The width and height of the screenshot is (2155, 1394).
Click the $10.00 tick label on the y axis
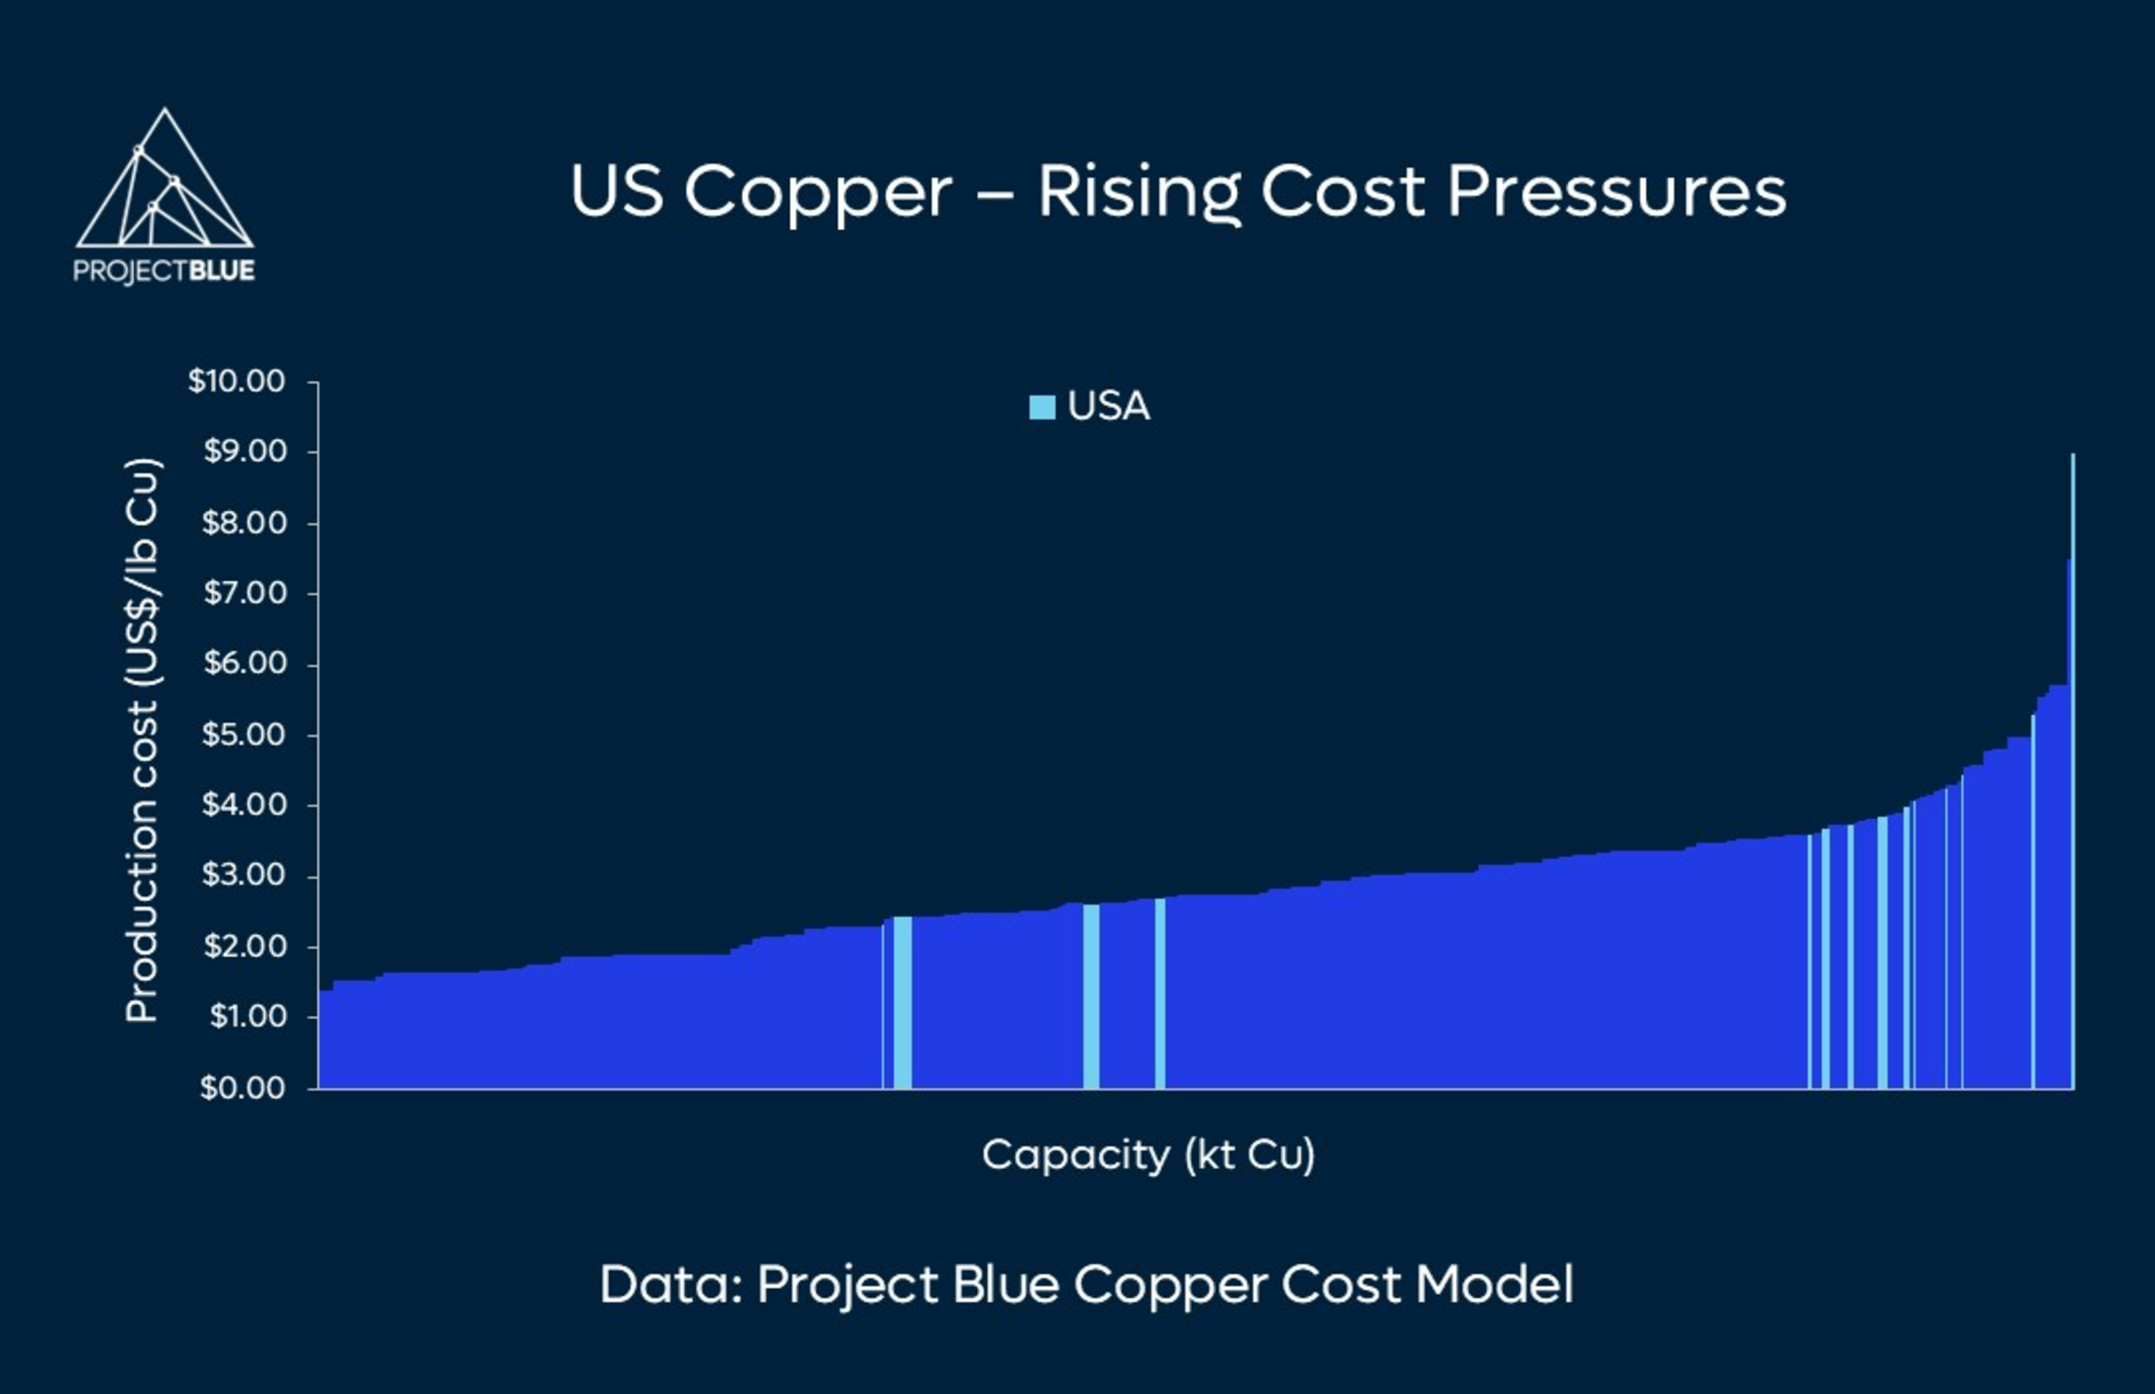(236, 381)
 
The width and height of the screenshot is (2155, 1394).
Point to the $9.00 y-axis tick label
(244, 452)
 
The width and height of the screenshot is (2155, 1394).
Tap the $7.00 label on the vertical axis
(244, 593)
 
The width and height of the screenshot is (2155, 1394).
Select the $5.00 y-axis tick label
(244, 734)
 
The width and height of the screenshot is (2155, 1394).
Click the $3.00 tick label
(244, 875)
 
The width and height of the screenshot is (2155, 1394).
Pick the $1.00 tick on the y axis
(247, 1017)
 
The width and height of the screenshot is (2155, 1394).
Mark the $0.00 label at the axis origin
(243, 1087)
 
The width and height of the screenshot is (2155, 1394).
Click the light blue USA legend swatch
(1042, 407)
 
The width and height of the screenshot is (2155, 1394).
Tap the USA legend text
(1108, 407)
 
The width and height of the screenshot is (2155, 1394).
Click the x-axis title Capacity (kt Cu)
(1148, 1155)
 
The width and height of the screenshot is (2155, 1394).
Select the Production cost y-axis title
(142, 740)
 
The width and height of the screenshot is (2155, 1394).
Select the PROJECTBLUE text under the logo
(164, 271)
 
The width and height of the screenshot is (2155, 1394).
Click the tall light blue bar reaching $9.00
(2072, 770)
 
